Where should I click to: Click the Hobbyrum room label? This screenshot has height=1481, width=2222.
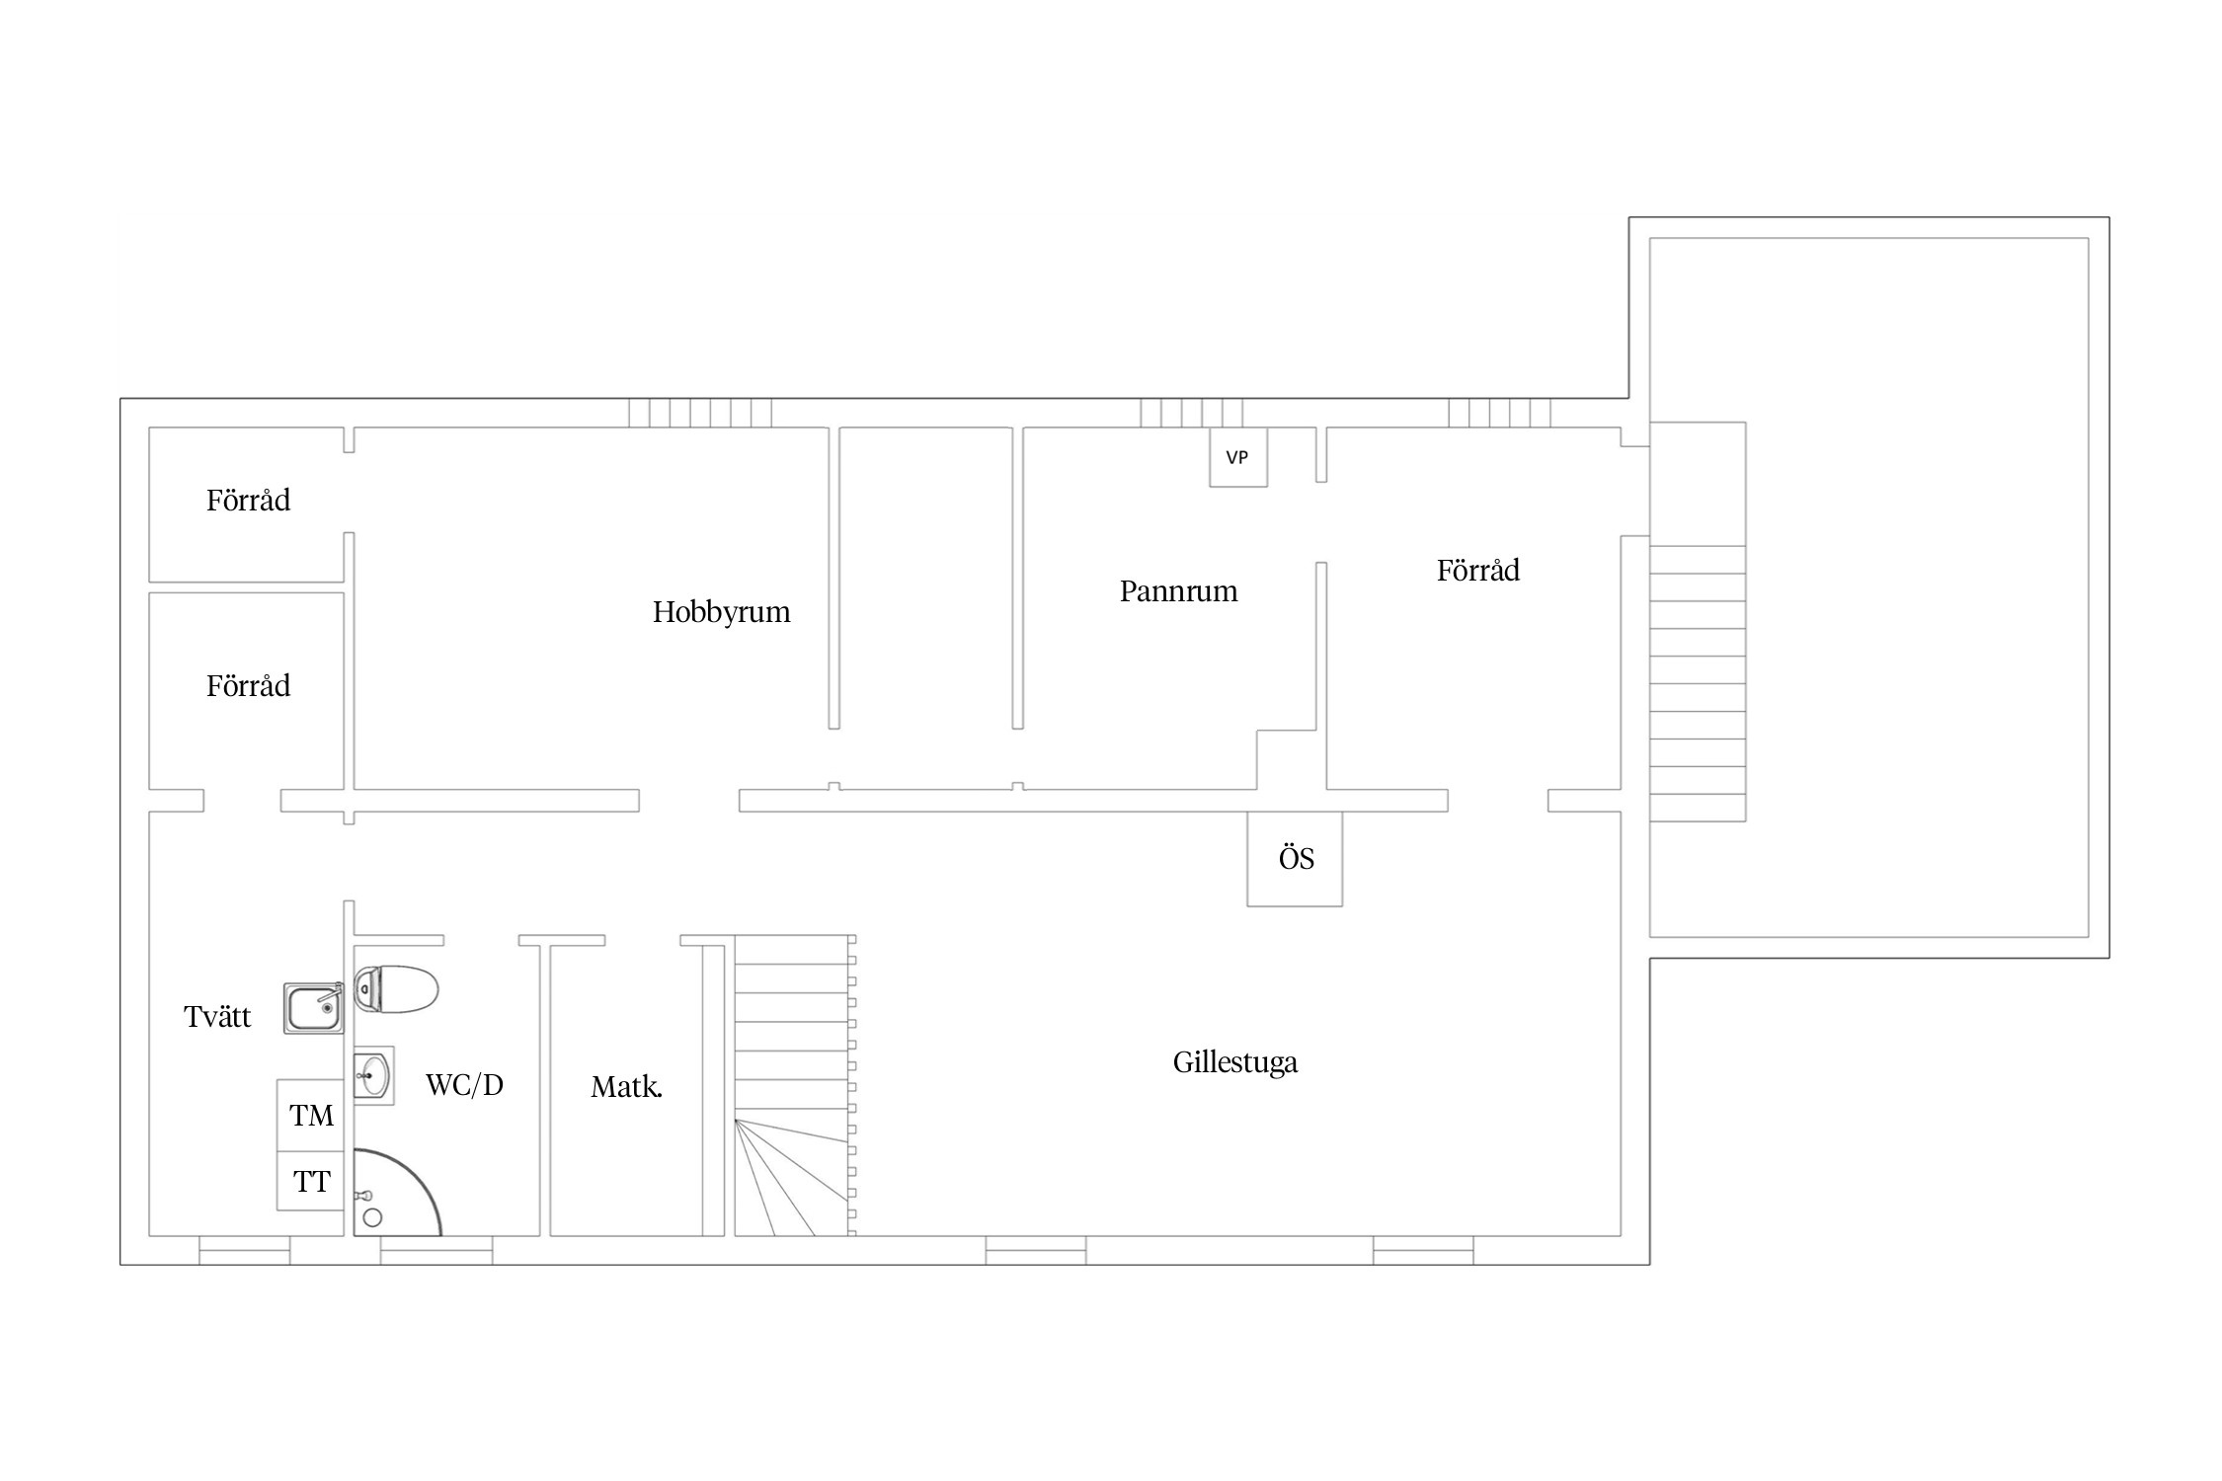click(721, 612)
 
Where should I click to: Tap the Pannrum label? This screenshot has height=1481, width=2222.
click(1178, 591)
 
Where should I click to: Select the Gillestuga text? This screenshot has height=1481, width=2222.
click(1234, 1062)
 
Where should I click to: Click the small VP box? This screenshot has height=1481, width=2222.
click(1238, 457)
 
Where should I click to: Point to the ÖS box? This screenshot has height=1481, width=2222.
click(1295, 858)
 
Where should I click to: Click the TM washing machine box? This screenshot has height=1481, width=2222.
click(310, 1116)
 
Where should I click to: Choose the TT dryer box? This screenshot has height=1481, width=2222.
click(310, 1181)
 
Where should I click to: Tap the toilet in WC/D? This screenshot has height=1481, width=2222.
click(395, 989)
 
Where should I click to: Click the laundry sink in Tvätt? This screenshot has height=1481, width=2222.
click(314, 1008)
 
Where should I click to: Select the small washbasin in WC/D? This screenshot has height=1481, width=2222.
click(373, 1075)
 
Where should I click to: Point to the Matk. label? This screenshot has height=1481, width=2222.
click(626, 1088)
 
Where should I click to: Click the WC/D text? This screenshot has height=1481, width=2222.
click(464, 1085)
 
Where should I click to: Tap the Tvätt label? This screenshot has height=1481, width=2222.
click(217, 1016)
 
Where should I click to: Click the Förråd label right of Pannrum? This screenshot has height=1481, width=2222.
click(1477, 571)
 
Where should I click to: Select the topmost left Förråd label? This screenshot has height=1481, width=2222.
click(248, 501)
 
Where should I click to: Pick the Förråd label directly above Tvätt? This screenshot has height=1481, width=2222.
click(248, 686)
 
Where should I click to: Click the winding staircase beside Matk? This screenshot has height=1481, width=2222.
click(795, 1086)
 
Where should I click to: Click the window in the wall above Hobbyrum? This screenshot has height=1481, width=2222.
click(700, 413)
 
